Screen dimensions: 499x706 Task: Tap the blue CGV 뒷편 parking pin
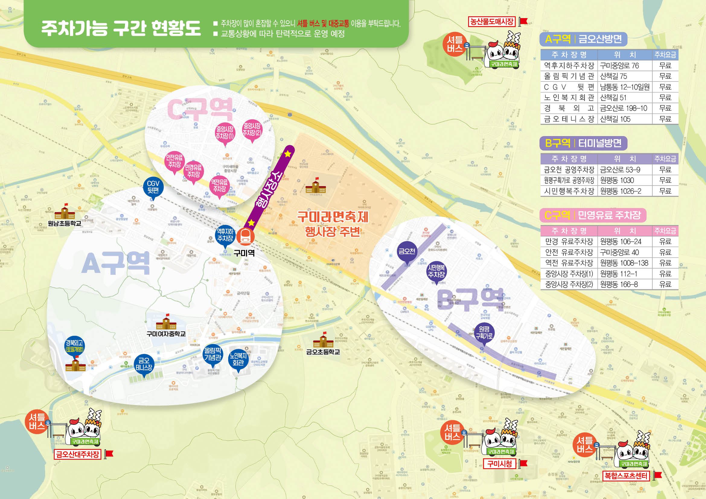[153, 187]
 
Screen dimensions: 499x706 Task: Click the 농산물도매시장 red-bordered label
[492, 21]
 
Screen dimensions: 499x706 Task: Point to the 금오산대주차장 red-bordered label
[78, 454]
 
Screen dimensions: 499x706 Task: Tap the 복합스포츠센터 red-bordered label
[626, 476]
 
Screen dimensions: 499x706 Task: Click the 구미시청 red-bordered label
[500, 464]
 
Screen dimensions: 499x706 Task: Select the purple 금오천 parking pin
[407, 252]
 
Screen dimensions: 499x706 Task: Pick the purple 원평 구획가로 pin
[484, 333]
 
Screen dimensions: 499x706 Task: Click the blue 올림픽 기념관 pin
[212, 354]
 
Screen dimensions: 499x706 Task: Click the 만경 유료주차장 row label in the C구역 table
[569, 242]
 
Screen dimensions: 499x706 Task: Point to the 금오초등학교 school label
[323, 352]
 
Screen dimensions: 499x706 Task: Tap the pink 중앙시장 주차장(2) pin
[252, 130]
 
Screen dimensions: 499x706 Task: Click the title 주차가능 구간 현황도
[120, 28]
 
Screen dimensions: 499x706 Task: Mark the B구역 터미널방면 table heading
[583, 143]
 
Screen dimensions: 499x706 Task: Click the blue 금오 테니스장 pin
[144, 364]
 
